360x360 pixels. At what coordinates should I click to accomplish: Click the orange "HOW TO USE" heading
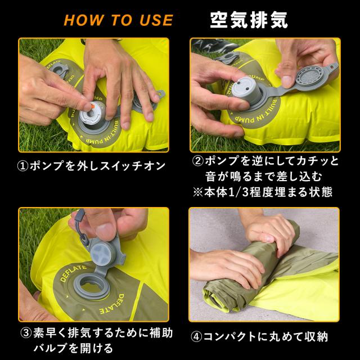[x=118, y=20]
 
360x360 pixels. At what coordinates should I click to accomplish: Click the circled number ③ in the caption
[x=25, y=332]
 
